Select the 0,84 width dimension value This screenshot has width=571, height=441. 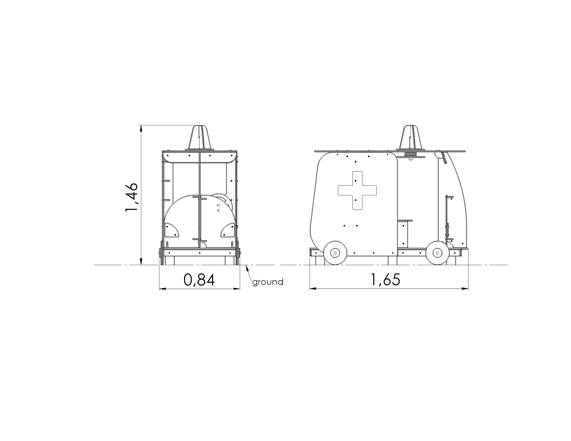199,280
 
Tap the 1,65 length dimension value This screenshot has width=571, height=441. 385,280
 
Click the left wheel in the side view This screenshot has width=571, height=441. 335,253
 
